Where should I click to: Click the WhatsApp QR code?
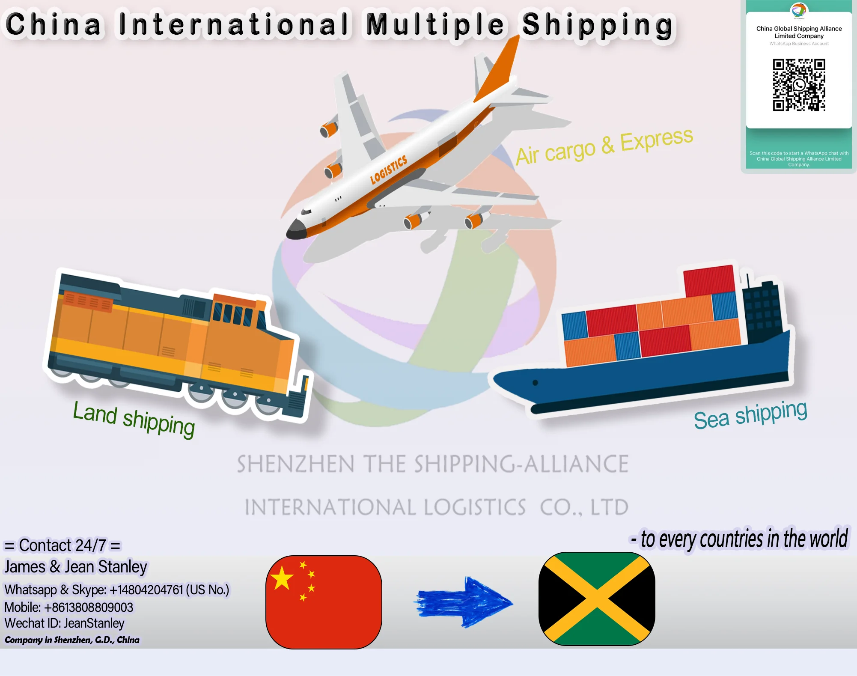tap(799, 85)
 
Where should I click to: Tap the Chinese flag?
tap(324, 602)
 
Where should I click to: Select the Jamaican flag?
tap(597, 599)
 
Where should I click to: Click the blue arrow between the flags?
tap(465, 602)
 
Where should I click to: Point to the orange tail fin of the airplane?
tap(499, 71)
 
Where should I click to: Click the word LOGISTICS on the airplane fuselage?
tap(389, 170)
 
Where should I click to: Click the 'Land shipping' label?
tap(134, 419)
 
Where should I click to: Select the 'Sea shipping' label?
tap(750, 414)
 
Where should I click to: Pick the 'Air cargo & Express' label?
tap(604, 146)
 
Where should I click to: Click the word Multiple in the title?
tap(435, 25)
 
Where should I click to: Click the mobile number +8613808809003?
tap(89, 608)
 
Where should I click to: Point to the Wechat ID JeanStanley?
tap(94, 623)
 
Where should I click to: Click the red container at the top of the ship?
tap(709, 280)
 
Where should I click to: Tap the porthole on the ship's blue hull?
tap(535, 383)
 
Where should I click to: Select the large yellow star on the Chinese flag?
tap(282, 578)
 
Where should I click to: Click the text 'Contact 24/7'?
tap(62, 545)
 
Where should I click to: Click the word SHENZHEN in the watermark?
tap(295, 464)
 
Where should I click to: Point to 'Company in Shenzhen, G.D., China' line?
tap(72, 640)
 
